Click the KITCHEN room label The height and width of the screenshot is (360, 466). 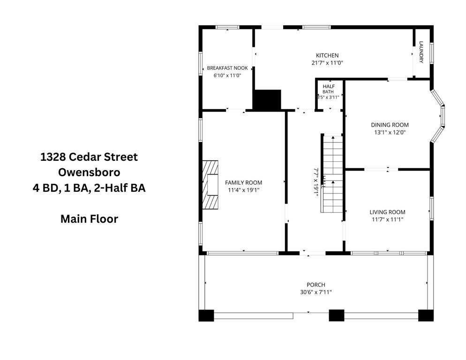(x=327, y=56)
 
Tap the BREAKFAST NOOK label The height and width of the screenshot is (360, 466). (x=227, y=68)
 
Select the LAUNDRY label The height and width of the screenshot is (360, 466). (x=421, y=52)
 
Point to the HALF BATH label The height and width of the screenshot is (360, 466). (x=328, y=89)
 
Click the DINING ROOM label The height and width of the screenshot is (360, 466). (x=390, y=125)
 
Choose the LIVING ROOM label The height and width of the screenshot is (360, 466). (x=387, y=212)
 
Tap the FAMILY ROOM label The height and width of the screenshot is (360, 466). (x=243, y=182)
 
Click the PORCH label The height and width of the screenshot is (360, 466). (x=316, y=285)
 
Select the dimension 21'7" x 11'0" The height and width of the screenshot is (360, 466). (x=327, y=63)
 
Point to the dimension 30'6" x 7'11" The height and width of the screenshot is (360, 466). (x=316, y=292)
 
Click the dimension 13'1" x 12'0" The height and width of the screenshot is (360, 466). (x=390, y=133)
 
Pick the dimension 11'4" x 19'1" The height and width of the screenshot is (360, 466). (x=243, y=190)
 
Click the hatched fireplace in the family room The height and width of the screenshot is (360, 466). (x=210, y=185)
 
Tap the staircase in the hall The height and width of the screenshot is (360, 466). (x=331, y=173)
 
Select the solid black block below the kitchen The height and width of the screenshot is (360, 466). (x=267, y=99)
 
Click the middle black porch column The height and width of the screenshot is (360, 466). (x=337, y=315)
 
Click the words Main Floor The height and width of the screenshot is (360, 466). (x=89, y=219)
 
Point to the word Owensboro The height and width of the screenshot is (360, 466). (x=89, y=172)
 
